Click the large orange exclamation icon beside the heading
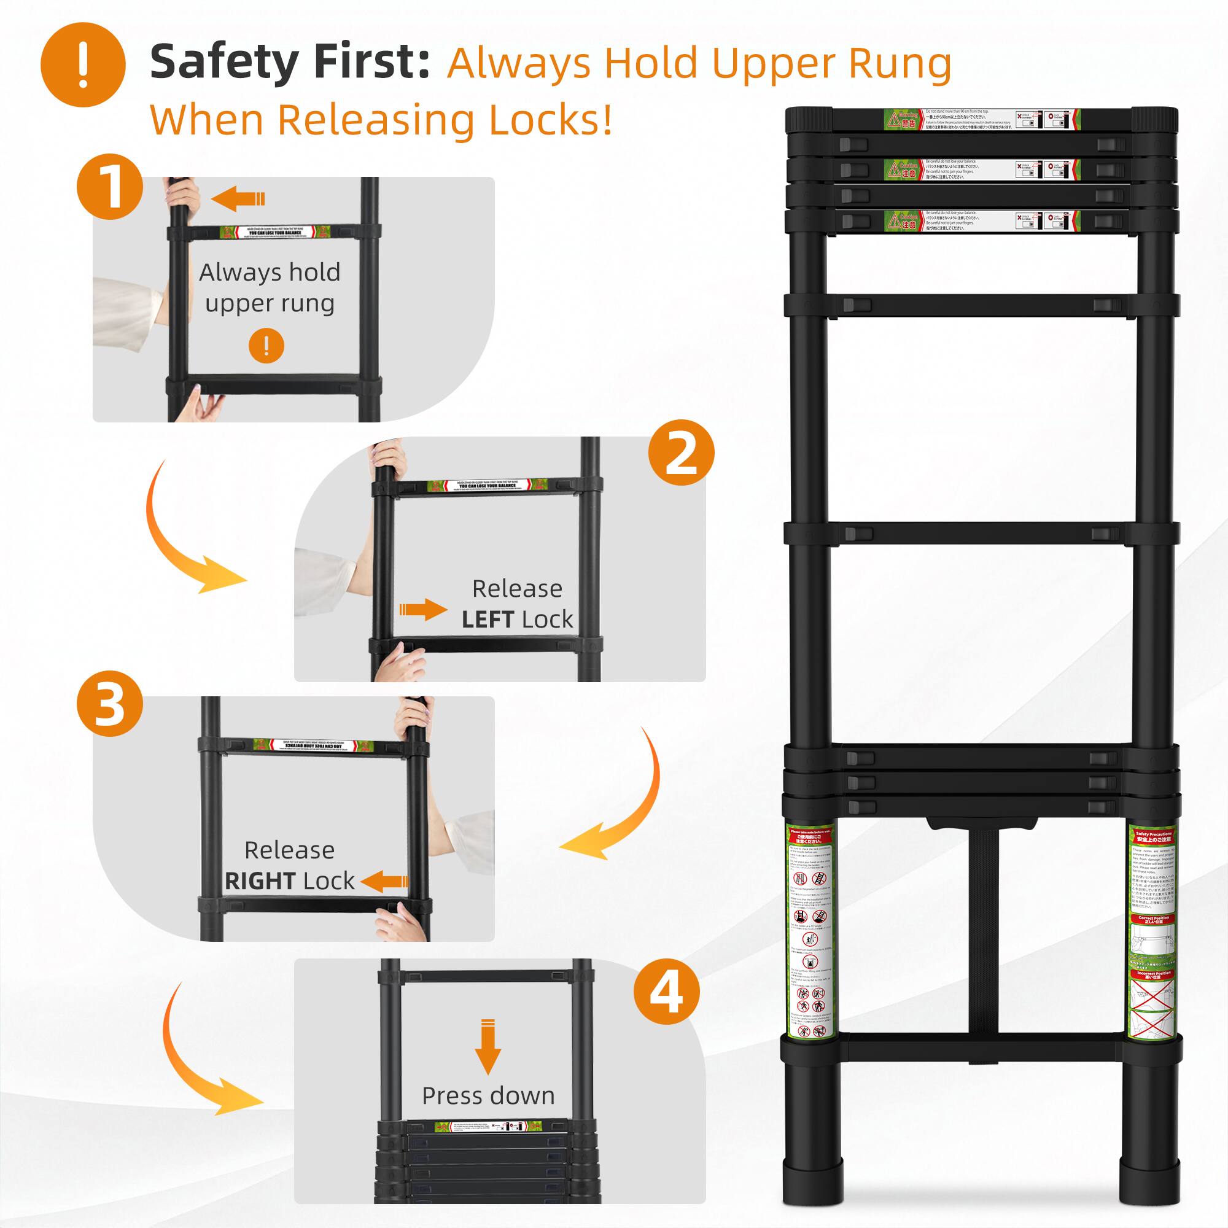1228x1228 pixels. tap(83, 65)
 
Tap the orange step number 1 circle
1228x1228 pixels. tap(109, 187)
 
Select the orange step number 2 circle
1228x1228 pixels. tap(681, 453)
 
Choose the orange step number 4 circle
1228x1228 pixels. tap(666, 992)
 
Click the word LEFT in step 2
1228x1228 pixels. tap(488, 620)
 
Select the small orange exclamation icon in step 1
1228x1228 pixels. tap(266, 346)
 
